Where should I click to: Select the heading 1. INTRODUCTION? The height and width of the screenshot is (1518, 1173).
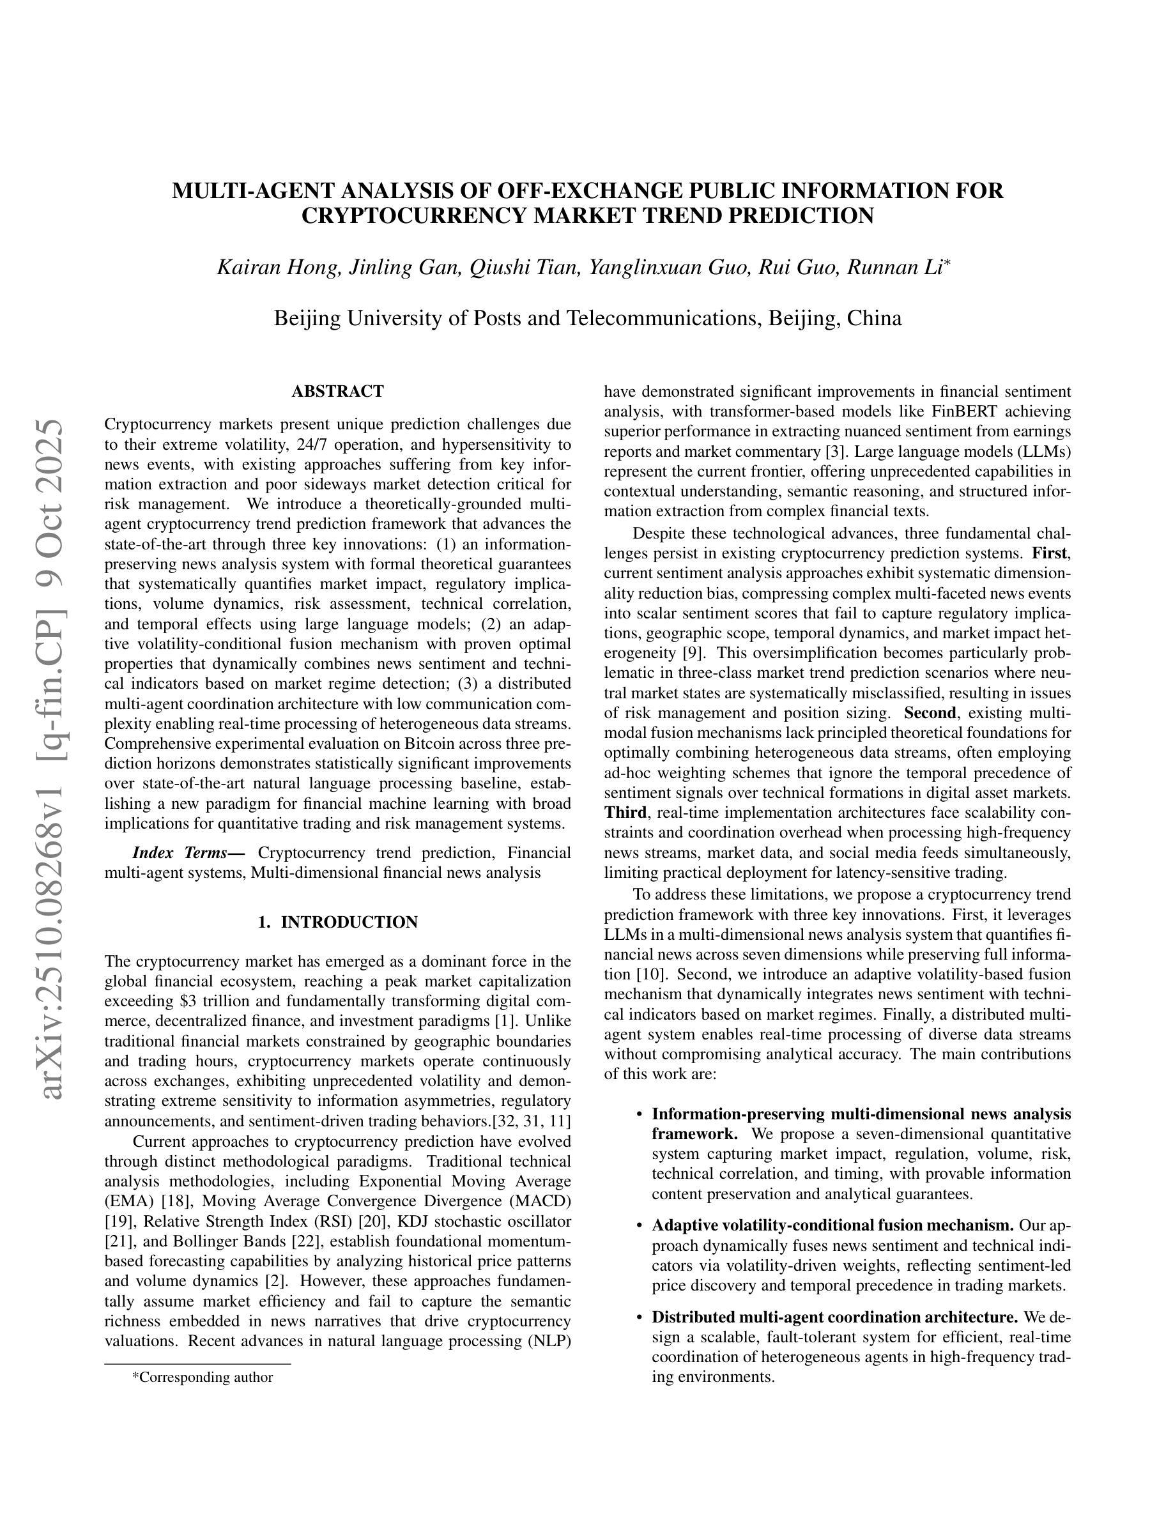(x=338, y=923)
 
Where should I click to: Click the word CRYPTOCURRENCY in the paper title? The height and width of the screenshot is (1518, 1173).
(x=415, y=216)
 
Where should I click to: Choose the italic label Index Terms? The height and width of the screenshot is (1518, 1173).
(x=188, y=853)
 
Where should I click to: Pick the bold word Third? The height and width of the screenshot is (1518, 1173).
(x=625, y=813)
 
